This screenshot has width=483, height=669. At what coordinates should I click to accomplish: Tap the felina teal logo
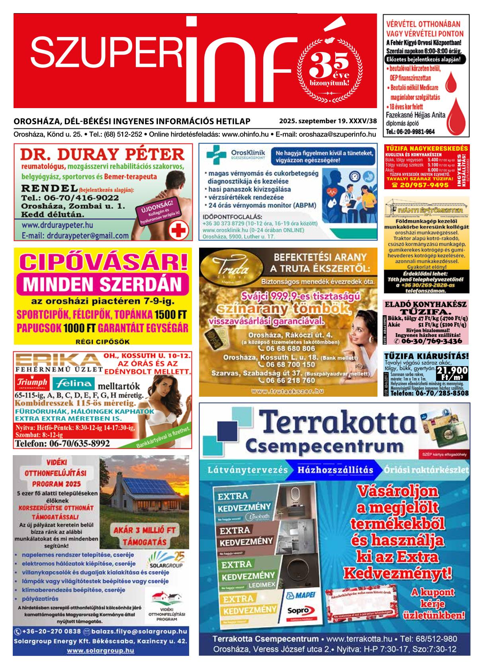point(74,384)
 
